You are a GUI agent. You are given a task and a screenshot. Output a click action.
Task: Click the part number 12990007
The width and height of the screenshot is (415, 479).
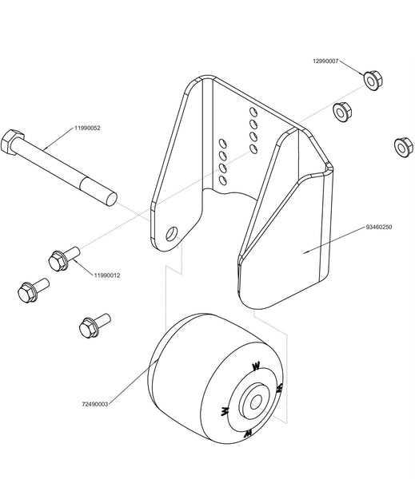(x=325, y=61)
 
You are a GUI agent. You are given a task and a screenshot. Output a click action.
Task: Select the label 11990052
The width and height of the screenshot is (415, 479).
(x=87, y=128)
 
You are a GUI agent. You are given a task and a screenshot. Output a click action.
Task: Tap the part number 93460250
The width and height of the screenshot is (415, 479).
(x=378, y=227)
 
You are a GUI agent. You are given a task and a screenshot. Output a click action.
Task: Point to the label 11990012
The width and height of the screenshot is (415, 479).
(x=107, y=275)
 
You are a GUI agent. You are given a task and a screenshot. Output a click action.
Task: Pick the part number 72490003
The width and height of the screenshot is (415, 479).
(x=95, y=404)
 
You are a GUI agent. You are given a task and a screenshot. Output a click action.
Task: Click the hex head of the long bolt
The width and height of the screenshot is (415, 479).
(x=12, y=142)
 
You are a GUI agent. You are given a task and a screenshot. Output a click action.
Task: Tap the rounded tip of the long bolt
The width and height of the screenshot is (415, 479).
(x=111, y=199)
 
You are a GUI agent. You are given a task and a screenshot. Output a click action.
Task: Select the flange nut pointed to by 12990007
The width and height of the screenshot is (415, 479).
(x=373, y=81)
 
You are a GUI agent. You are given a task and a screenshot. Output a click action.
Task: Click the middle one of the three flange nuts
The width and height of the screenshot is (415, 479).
(x=342, y=112)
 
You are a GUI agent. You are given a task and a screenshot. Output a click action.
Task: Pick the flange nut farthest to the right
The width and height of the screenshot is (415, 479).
(x=403, y=148)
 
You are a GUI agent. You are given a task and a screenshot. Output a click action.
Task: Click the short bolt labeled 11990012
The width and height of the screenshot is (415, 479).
(x=64, y=259)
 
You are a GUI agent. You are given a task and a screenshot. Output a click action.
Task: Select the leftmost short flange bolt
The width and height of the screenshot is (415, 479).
(x=34, y=291)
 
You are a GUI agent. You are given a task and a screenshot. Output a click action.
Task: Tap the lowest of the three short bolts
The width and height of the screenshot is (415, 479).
(x=94, y=326)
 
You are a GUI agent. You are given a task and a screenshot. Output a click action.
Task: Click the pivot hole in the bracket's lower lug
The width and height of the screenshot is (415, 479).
(x=171, y=234)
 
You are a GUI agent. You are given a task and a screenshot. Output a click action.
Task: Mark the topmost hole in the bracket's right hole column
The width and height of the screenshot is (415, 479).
(x=253, y=112)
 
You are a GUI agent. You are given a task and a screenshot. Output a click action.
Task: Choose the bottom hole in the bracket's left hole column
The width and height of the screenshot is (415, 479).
(x=223, y=180)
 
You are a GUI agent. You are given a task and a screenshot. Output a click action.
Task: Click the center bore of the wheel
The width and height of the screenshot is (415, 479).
(x=256, y=402)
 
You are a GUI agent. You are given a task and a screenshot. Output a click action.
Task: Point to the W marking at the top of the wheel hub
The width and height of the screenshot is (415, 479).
(x=256, y=366)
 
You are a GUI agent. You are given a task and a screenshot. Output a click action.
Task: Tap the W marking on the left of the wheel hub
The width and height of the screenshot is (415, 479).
(x=225, y=411)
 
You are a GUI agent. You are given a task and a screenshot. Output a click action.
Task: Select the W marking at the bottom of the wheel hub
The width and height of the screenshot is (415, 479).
(x=248, y=433)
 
